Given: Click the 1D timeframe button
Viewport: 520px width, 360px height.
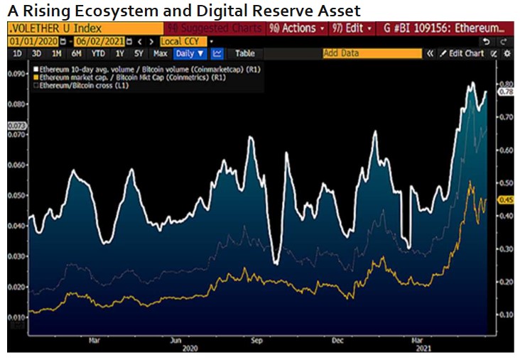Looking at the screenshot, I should pyautogui.click(x=16, y=53).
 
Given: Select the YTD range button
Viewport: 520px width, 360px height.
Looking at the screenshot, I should pyautogui.click(x=98, y=53).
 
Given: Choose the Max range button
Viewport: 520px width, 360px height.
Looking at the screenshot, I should pyautogui.click(x=160, y=53).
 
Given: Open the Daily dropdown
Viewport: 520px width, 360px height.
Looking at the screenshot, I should pyautogui.click(x=190, y=53).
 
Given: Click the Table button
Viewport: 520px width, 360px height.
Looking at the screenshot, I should pyautogui.click(x=244, y=53).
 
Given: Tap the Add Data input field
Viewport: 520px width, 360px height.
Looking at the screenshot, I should pyautogui.click(x=369, y=53).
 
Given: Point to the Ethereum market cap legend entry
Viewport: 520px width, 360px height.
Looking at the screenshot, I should pyautogui.click(x=128, y=77).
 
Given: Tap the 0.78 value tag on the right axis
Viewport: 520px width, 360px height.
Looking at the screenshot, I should pyautogui.click(x=507, y=92).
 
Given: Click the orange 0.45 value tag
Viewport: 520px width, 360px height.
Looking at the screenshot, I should pyautogui.click(x=506, y=200).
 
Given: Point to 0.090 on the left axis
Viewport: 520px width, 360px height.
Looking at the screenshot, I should pyautogui.click(x=16, y=73).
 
